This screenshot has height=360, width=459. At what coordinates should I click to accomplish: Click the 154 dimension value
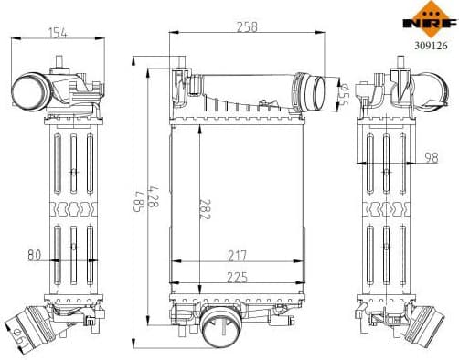59,34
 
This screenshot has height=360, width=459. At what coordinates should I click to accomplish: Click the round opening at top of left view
28,90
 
